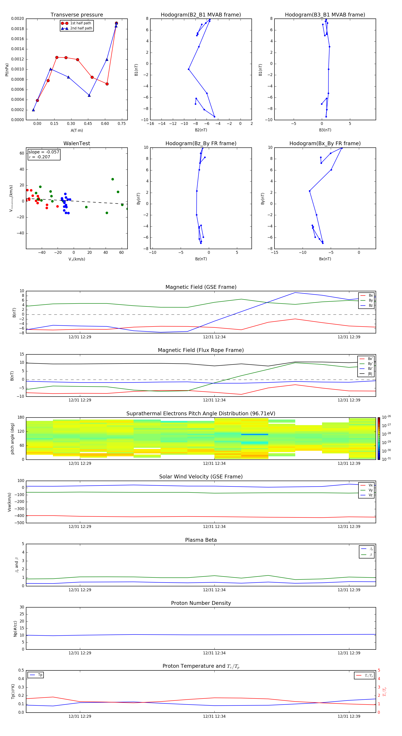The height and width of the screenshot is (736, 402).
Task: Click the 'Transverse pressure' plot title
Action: (x=77, y=15)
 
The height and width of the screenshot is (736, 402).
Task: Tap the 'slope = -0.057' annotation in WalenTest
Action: (x=44, y=152)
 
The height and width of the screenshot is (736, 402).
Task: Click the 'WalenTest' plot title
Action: (x=77, y=143)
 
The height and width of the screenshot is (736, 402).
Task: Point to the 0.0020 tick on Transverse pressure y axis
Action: (x=17, y=19)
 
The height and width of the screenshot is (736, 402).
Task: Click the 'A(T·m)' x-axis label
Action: (x=77, y=130)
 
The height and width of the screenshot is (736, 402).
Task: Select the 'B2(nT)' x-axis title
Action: (x=201, y=130)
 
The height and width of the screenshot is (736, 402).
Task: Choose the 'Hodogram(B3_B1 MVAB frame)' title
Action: (x=325, y=15)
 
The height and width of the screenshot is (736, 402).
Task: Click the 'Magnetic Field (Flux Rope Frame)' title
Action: (x=201, y=350)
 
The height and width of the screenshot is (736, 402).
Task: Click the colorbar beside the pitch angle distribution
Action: (x=379, y=438)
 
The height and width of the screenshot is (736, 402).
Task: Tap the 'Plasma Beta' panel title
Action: (x=201, y=540)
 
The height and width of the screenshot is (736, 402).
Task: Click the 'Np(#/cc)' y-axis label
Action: (x=15, y=628)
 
